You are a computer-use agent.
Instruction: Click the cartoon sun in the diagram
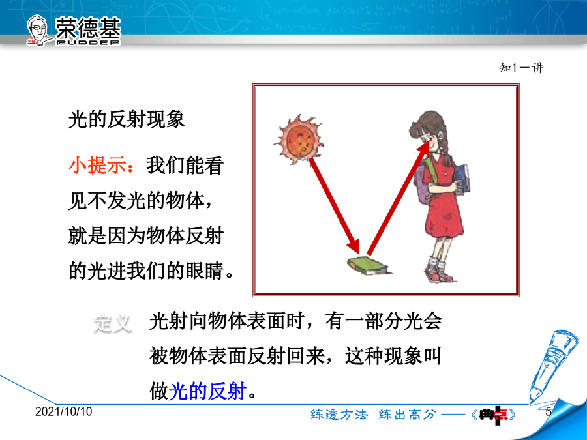(x=299, y=139)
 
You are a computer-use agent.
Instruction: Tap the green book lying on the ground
(x=368, y=266)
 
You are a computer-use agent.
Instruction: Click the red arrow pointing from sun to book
(x=335, y=207)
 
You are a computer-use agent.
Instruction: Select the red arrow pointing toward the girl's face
(x=398, y=197)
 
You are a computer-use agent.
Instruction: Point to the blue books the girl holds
(x=462, y=179)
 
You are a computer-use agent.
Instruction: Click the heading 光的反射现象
(x=127, y=120)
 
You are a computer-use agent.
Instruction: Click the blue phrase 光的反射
(x=208, y=391)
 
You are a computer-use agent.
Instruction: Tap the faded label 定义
(x=112, y=323)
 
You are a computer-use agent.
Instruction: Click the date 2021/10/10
(x=64, y=411)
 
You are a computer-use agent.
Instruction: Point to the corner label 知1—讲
(x=521, y=68)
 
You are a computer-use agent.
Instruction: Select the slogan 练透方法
(x=339, y=415)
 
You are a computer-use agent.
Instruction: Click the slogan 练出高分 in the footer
(x=407, y=415)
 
